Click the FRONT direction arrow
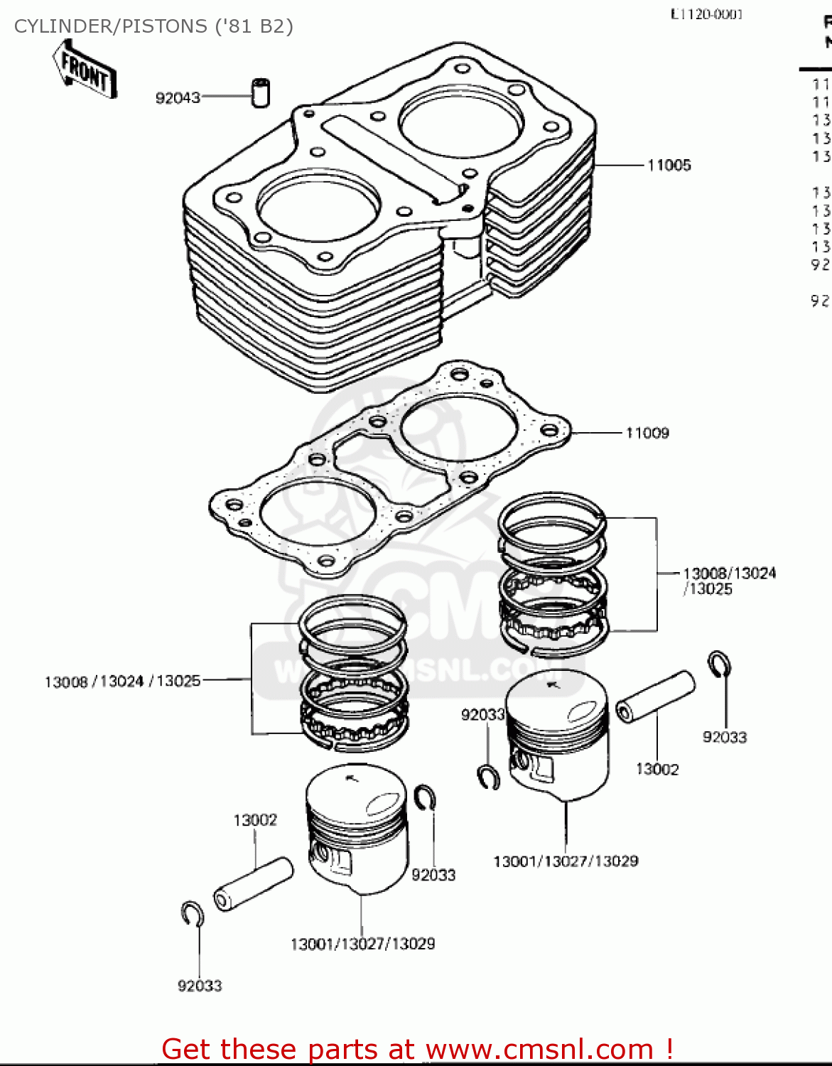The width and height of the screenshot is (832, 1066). tap(85, 70)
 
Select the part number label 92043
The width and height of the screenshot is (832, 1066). tap(178, 97)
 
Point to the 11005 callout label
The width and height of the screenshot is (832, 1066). tap(669, 165)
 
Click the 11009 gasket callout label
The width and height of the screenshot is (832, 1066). tap(647, 433)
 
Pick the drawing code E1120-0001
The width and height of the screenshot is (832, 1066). tap(706, 14)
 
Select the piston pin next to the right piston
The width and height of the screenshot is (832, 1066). tap(654, 696)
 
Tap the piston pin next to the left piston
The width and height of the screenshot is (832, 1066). tap(254, 884)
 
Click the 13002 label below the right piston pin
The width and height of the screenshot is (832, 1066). tap(657, 769)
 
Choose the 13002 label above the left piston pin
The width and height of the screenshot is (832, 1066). tap(255, 820)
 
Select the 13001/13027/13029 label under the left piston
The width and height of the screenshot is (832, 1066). tap(362, 944)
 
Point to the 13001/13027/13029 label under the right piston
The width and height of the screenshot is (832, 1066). tap(566, 861)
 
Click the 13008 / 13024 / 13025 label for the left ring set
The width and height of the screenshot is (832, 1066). tap(122, 682)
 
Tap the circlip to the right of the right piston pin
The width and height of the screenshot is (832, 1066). tap(719, 665)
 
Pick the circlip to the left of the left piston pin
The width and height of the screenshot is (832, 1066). tap(192, 914)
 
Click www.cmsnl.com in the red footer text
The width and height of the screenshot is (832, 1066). tap(539, 1049)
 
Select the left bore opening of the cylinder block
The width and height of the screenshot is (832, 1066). tap(318, 205)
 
